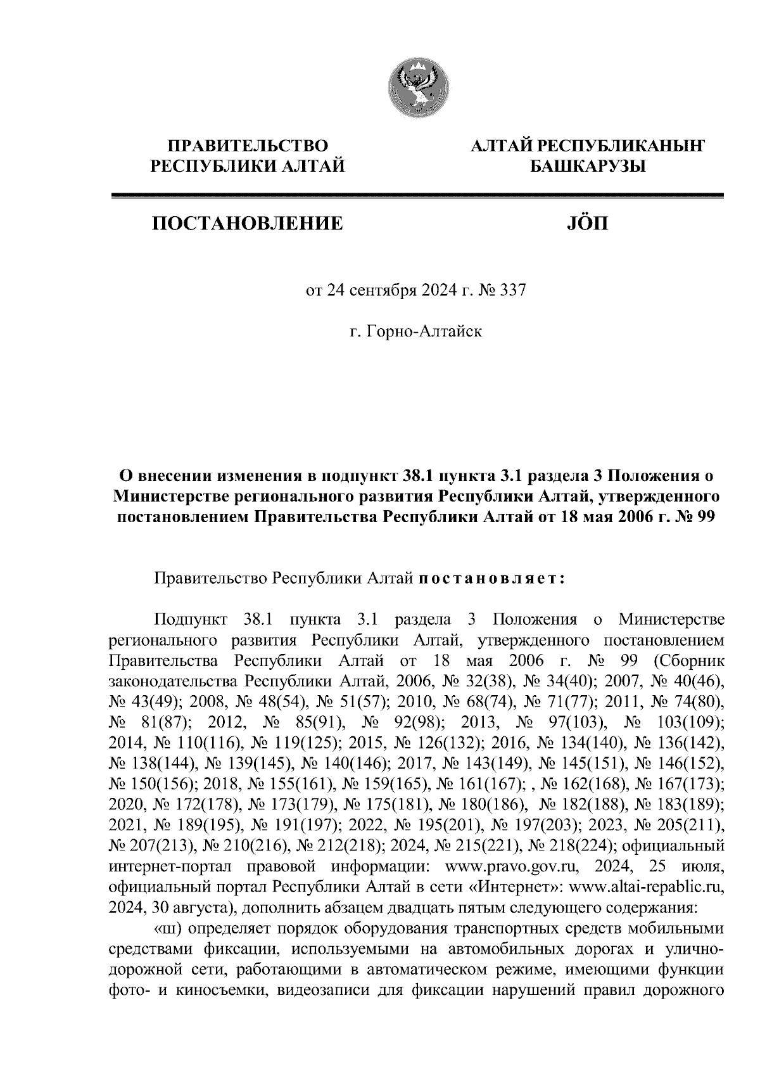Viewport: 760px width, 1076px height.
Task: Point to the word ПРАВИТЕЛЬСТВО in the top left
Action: [247, 146]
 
